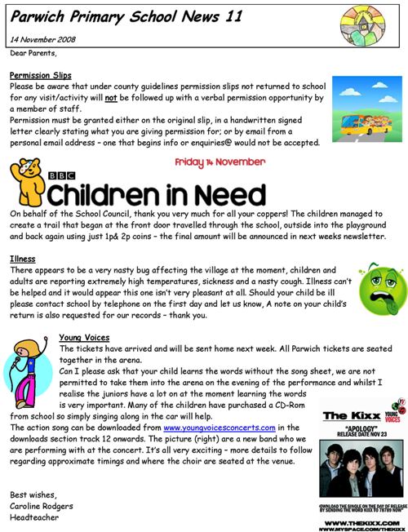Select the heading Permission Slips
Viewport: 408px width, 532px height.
tap(40, 76)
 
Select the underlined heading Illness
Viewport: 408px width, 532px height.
tap(22, 259)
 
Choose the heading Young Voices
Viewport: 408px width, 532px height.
tap(86, 337)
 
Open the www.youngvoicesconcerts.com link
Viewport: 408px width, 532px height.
tap(219, 427)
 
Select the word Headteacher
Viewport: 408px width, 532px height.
tap(33, 516)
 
